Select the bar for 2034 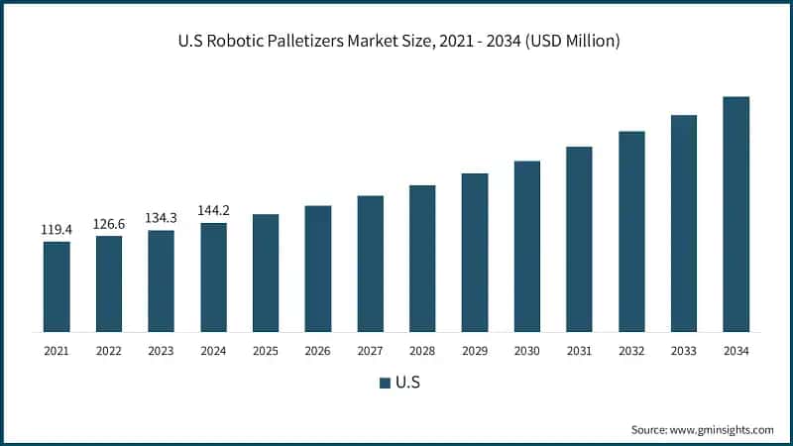[x=736, y=213]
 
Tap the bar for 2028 [x=422, y=258]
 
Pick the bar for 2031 [x=579, y=238]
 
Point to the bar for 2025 [x=266, y=273]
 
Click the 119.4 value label [x=57, y=230]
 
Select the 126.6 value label [x=109, y=224]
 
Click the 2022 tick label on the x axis [x=109, y=351]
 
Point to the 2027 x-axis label [x=370, y=351]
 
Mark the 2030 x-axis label [x=526, y=351]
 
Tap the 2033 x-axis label [x=683, y=351]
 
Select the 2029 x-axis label [x=475, y=351]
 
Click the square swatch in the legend [x=384, y=383]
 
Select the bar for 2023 [x=161, y=280]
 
